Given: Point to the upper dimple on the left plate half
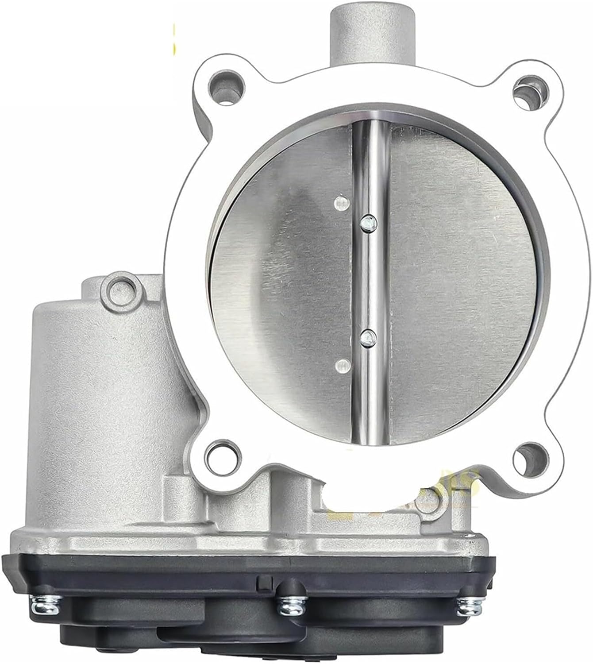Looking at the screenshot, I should pyautogui.click(x=341, y=204).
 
